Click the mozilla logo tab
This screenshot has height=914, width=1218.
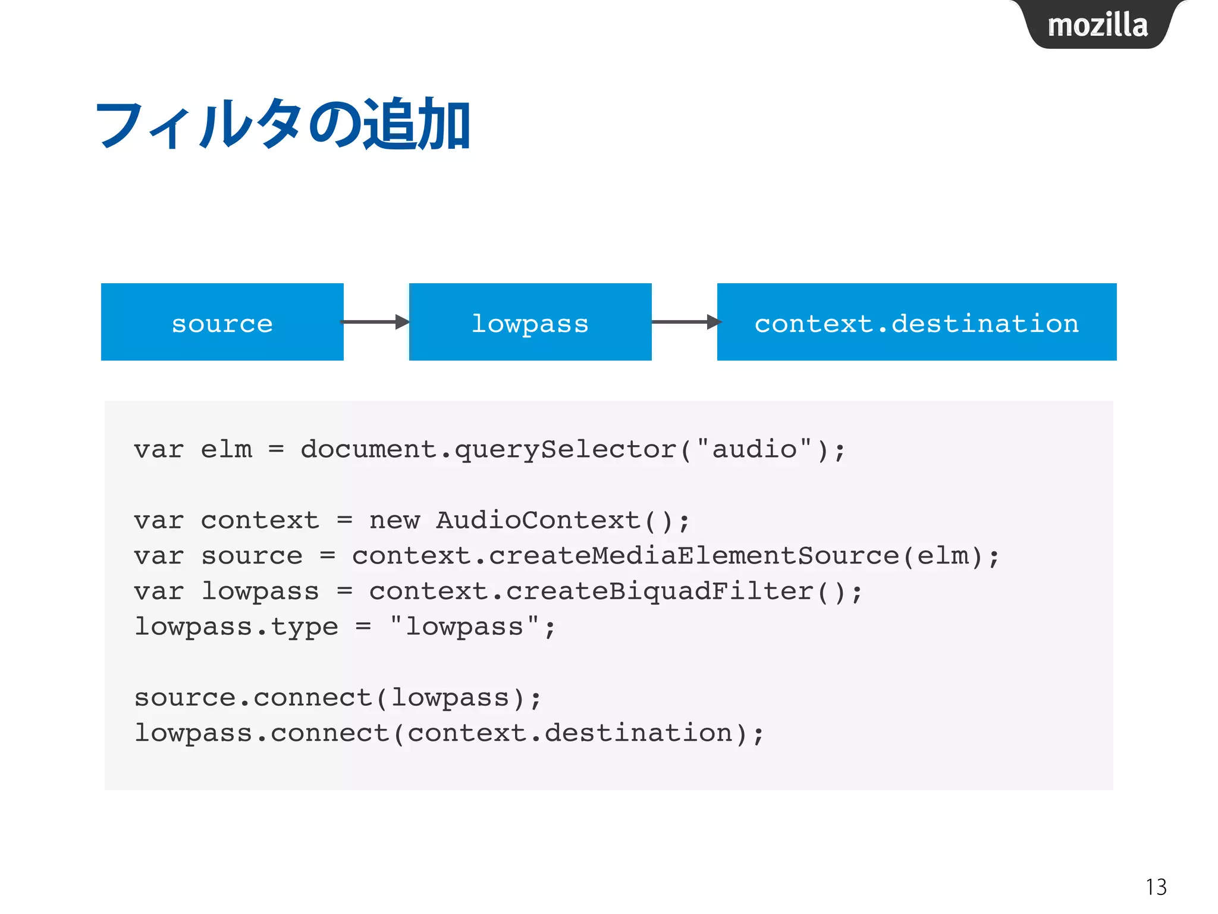(1097, 25)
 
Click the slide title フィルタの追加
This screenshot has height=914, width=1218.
(283, 125)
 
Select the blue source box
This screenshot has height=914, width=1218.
(222, 322)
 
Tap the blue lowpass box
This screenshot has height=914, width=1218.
(530, 322)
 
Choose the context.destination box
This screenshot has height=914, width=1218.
(916, 322)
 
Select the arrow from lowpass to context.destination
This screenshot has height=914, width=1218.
(685, 322)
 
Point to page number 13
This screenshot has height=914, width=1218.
(1156, 887)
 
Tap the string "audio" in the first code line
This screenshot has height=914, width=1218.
(754, 449)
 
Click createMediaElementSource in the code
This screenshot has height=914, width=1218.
(693, 556)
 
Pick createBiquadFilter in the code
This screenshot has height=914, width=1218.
(659, 591)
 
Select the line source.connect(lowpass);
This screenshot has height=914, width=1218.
(338, 698)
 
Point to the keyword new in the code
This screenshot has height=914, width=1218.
(394, 521)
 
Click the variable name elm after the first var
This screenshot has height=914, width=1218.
(226, 449)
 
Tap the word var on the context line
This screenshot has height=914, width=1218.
(158, 521)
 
